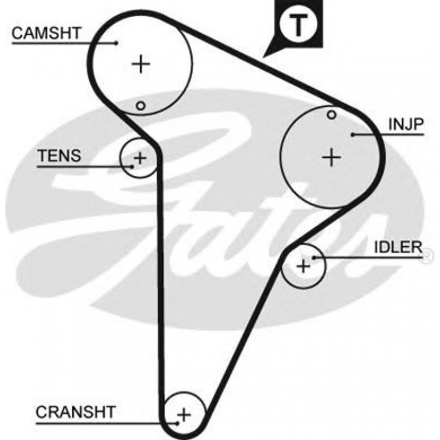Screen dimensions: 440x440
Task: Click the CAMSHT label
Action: pos(46,33)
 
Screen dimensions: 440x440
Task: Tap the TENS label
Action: pos(58,156)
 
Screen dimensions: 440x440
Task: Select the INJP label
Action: pos(406,125)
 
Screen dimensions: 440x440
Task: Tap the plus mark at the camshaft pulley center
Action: pos(141,64)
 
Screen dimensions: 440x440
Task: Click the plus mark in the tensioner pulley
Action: pos(140,159)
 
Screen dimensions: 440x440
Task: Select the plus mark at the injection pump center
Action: pos(331,157)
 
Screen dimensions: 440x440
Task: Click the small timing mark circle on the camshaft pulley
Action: pos(140,105)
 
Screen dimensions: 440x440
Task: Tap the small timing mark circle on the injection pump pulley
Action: pos(331,114)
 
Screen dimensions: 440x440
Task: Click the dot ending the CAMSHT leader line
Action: pos(116,42)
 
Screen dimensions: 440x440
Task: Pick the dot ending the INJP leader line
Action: pos(354,134)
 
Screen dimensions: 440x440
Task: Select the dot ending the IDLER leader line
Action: pos(313,256)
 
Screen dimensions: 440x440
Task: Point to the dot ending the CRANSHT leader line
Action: pos(178,423)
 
